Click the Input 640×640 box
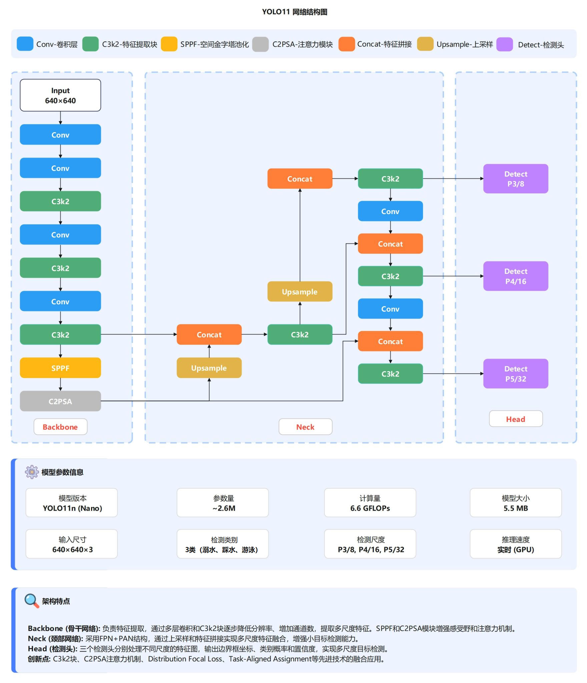point(60,95)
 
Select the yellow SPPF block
point(60,368)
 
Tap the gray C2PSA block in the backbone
point(60,401)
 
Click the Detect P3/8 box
point(515,179)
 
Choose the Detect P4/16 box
point(515,276)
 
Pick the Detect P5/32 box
point(515,374)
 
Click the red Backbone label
point(60,427)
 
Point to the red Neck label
point(305,427)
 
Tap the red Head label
point(516,419)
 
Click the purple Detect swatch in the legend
point(504,44)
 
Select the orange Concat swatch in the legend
point(347,44)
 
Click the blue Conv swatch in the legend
point(25,44)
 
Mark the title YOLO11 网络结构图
point(295,12)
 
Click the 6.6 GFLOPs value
point(370,508)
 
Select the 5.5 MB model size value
point(516,508)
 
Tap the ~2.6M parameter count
point(224,508)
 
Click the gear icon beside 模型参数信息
point(32,472)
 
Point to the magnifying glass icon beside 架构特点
point(32,601)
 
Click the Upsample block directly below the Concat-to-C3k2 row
point(209,368)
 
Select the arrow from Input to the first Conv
point(60,118)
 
